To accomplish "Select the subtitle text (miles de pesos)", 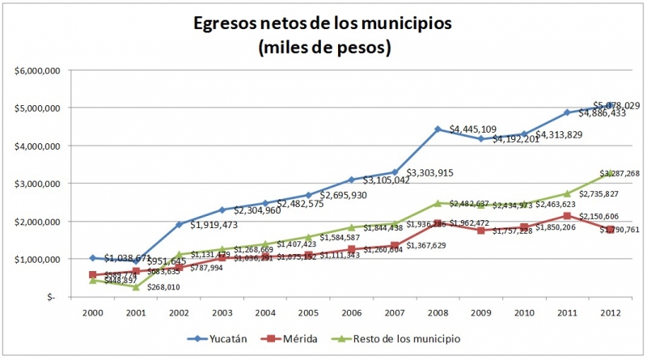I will point(323,48).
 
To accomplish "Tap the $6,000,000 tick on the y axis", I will point(40,70).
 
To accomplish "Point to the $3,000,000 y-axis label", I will point(40,184).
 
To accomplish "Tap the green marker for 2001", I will point(136,287).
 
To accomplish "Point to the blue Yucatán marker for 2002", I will point(179,225).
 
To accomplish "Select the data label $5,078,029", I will point(616,106).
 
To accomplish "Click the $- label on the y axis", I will point(53,297).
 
